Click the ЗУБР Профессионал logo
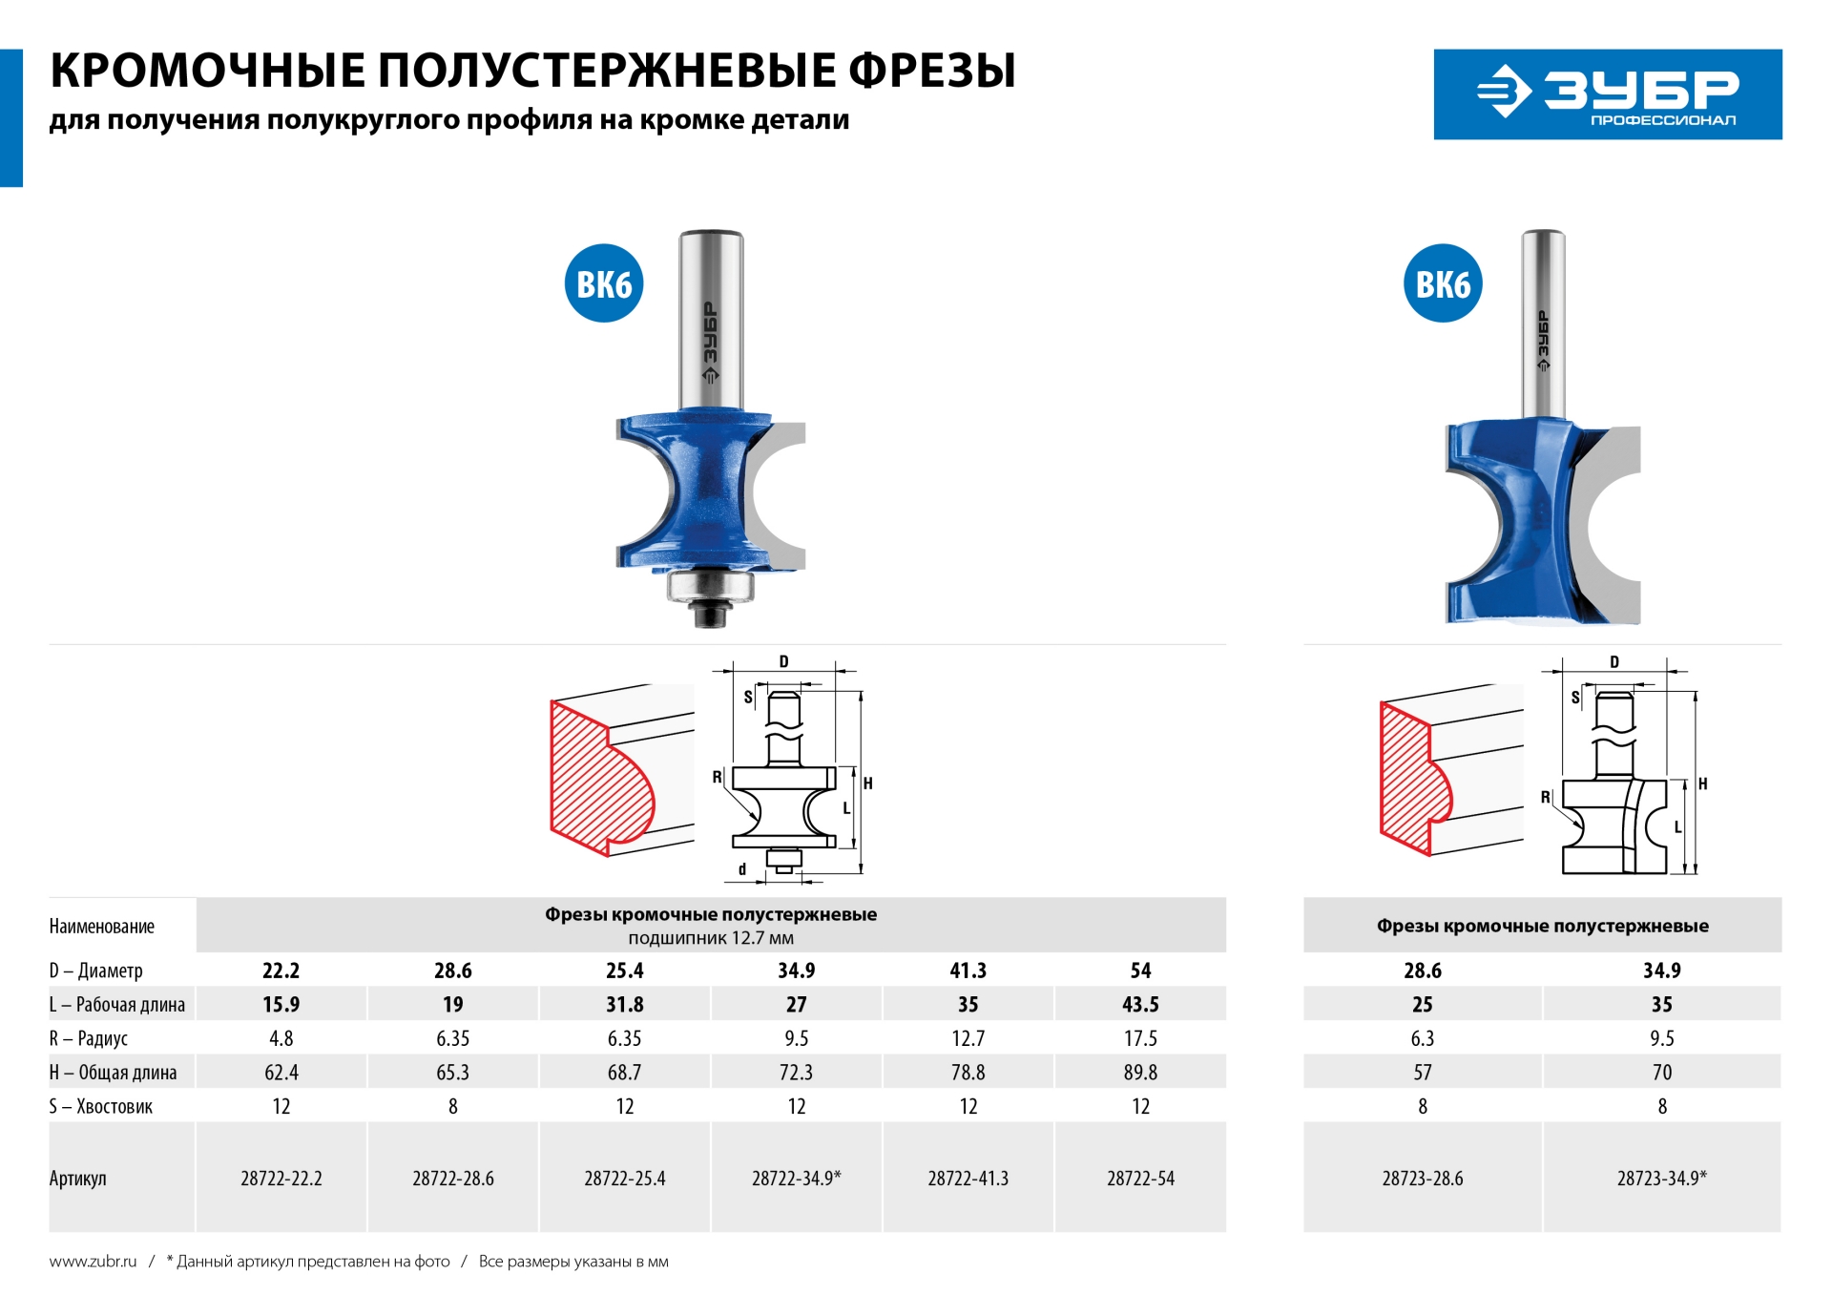[x=1607, y=94]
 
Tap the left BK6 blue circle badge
[x=603, y=283]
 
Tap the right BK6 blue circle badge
[x=1442, y=283]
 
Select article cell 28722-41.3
[x=968, y=1178]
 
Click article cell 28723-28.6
[x=1422, y=1178]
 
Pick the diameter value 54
[x=1140, y=971]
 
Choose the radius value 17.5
[x=1140, y=1038]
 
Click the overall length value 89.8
[x=1140, y=1073]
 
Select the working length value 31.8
[x=624, y=1005]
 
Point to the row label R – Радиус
[x=88, y=1038]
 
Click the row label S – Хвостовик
[x=100, y=1107]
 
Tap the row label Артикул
[x=77, y=1179]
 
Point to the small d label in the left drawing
[x=742, y=869]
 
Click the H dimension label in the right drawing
[x=1702, y=783]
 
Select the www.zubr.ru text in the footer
[x=93, y=1262]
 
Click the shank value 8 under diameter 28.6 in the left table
[x=452, y=1107]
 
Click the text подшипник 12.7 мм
[x=710, y=938]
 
